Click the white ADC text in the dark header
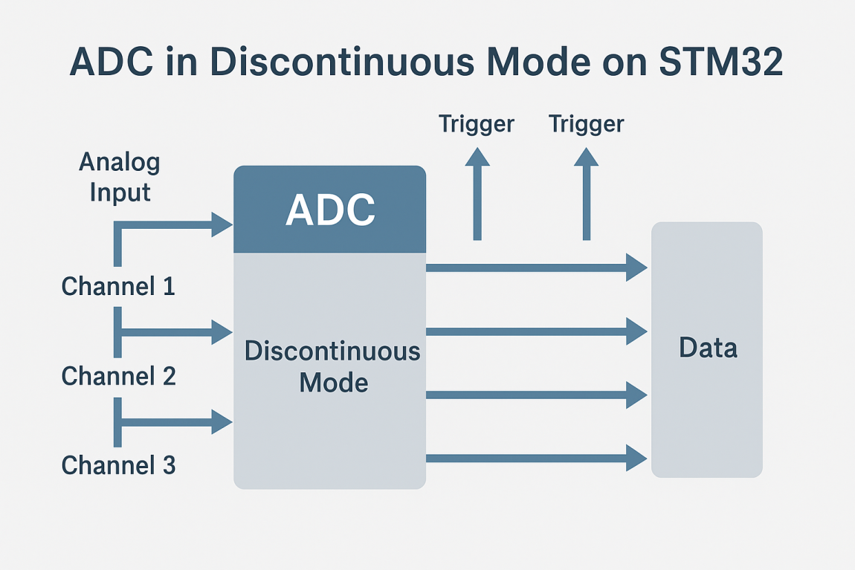330,210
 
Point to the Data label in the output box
708,348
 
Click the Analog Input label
120,177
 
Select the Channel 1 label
118,286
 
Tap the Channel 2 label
118,376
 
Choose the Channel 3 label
118,465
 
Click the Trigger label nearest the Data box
586,124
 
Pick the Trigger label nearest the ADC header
476,124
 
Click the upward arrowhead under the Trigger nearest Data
586,157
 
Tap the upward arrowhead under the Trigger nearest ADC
477,157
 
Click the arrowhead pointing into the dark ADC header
222,224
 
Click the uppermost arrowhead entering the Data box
636,268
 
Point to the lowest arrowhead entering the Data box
636,458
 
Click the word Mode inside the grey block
333,383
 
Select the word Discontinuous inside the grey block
332,351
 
